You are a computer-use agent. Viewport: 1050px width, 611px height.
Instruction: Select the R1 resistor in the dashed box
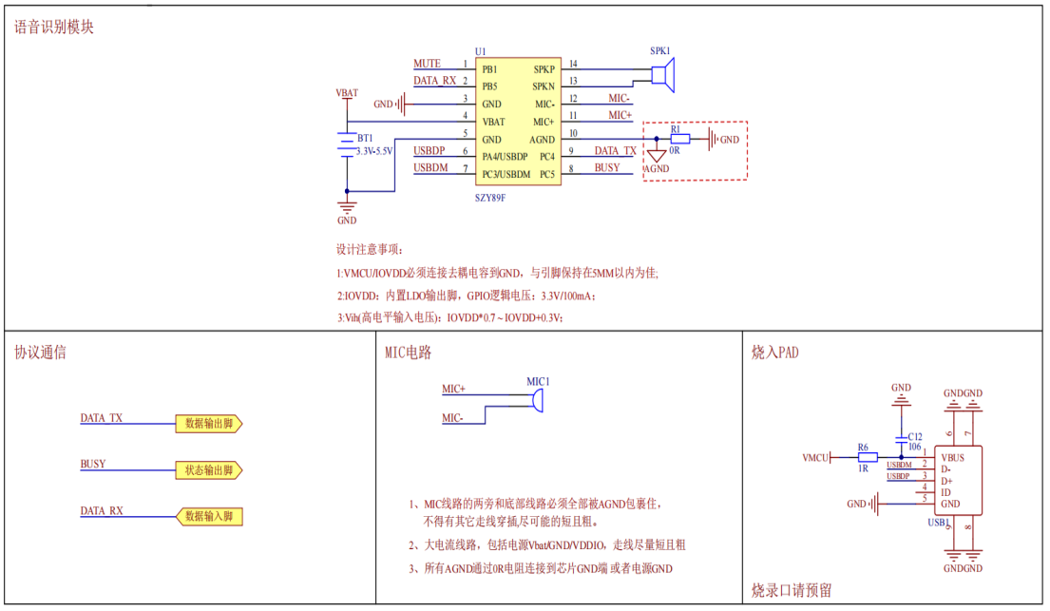tap(680, 139)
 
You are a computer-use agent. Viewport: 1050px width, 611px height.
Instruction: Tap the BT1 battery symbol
tap(346, 143)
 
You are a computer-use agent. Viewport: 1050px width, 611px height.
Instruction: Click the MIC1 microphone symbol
tap(537, 401)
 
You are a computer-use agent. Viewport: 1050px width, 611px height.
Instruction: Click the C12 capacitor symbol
tap(902, 438)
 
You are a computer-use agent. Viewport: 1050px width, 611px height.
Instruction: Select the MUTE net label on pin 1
tap(427, 64)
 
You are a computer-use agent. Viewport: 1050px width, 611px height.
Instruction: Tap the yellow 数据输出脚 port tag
tap(209, 424)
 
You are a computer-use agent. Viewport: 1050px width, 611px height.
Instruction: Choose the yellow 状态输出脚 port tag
tap(209, 470)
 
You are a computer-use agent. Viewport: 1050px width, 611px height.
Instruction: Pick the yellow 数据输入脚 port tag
tap(209, 517)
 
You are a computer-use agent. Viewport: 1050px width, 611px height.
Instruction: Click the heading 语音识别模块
tap(54, 28)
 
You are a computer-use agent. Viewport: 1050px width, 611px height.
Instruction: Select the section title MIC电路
tap(408, 353)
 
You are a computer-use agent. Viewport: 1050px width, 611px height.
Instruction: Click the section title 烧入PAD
tap(775, 353)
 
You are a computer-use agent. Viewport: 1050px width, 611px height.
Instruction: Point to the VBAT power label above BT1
tap(347, 93)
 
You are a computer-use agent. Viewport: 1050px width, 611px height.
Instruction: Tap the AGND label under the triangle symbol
tap(657, 168)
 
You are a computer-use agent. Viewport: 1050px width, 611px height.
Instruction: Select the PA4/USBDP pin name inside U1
tap(504, 156)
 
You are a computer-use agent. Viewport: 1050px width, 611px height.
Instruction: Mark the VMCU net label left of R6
tap(815, 457)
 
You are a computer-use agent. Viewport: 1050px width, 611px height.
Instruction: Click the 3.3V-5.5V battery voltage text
tap(373, 151)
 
